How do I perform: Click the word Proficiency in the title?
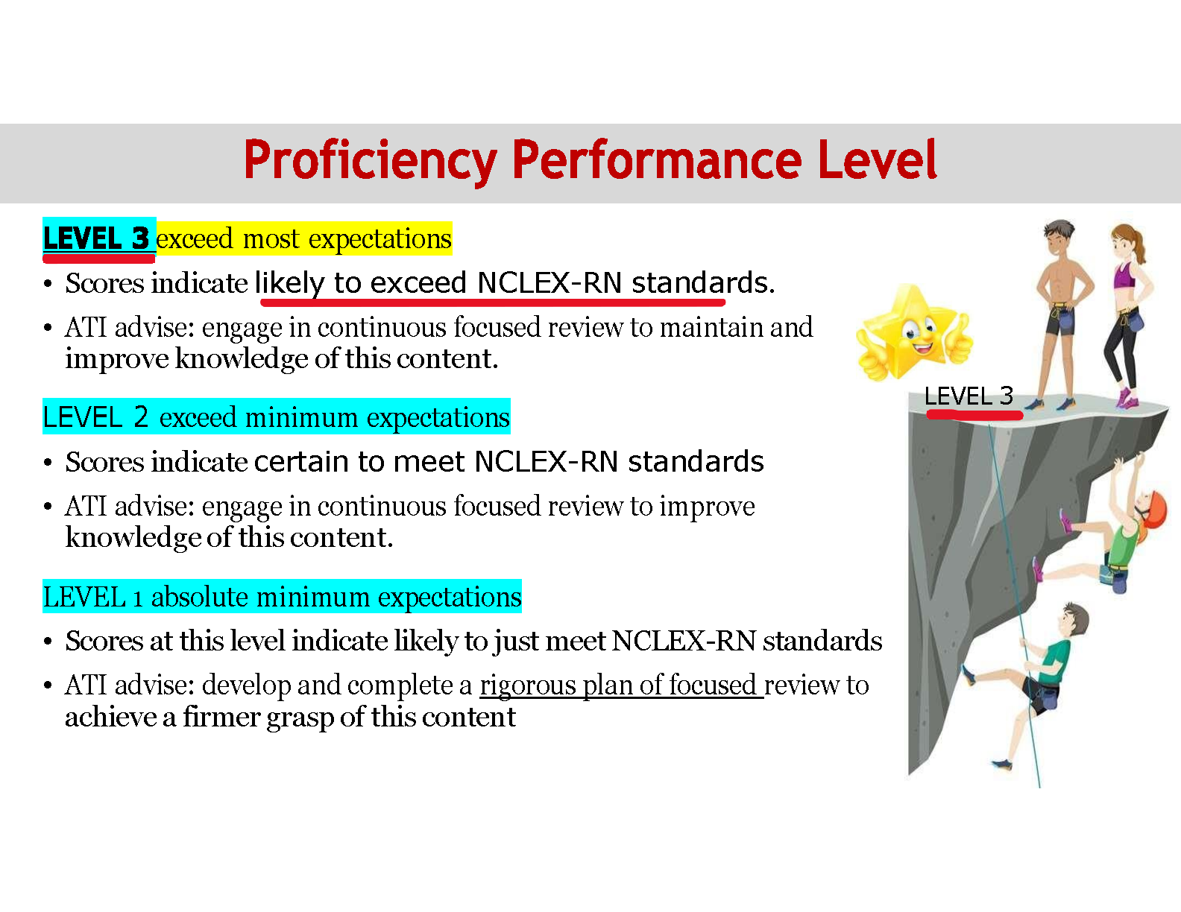pyautogui.click(x=370, y=161)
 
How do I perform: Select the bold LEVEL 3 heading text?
pyautogui.click(x=96, y=238)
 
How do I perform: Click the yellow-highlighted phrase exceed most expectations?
pyautogui.click(x=303, y=239)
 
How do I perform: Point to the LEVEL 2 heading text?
pyautogui.click(x=95, y=417)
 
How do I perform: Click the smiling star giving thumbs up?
pyautogui.click(x=914, y=332)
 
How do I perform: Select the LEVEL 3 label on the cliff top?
pyautogui.click(x=969, y=396)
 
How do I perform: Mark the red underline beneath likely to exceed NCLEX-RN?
pyautogui.click(x=493, y=303)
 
